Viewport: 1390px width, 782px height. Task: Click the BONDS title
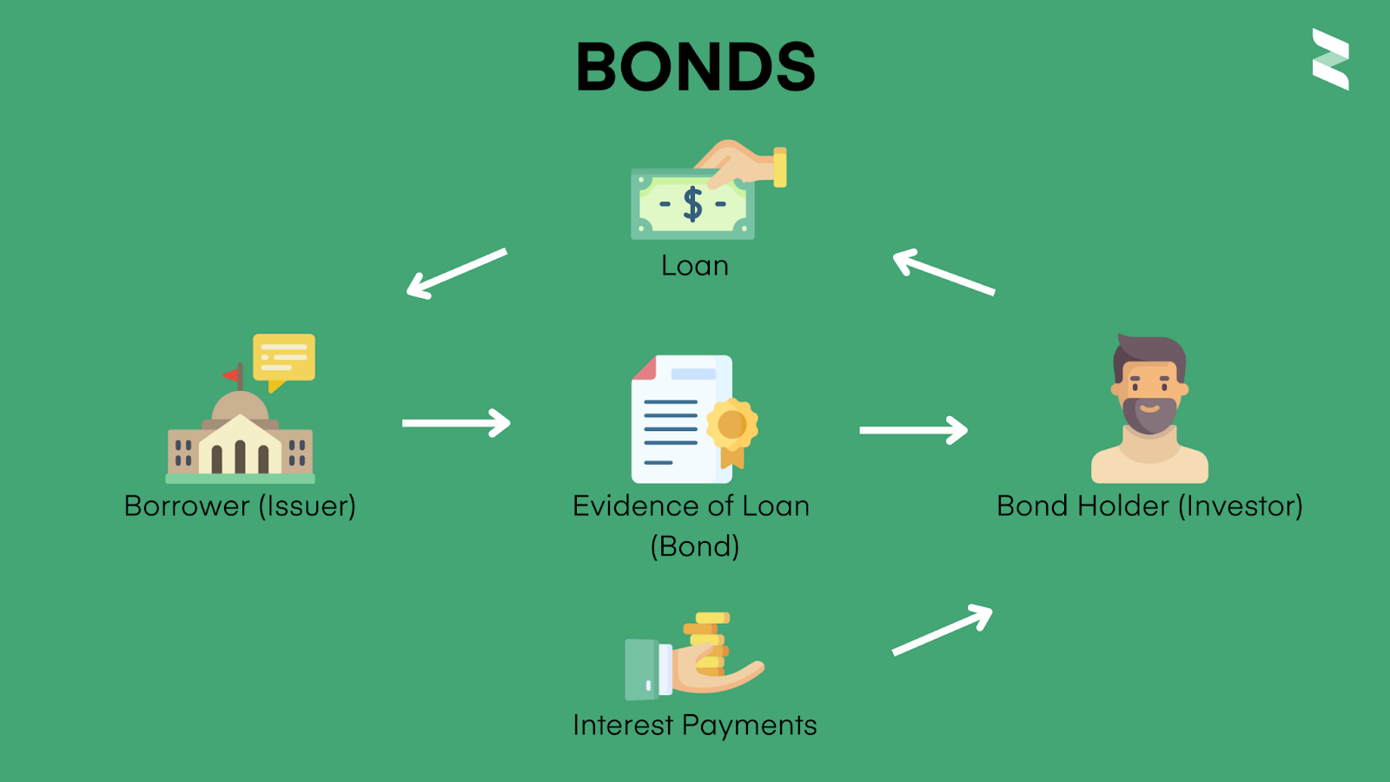[695, 67]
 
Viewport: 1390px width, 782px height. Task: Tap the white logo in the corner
[1330, 59]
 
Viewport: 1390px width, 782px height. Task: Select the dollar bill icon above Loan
[693, 204]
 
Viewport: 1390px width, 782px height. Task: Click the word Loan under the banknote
[694, 266]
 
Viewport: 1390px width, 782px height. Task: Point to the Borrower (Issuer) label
[240, 506]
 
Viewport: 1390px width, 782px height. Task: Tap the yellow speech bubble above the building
[283, 358]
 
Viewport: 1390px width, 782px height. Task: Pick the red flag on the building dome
[232, 375]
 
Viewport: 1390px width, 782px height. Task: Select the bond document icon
[683, 419]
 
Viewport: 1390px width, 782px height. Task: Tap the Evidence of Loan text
[691, 506]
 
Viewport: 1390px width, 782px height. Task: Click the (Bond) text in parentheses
[694, 547]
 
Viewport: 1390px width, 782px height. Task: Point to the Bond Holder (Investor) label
[1149, 506]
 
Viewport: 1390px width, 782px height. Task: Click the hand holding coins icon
[695, 656]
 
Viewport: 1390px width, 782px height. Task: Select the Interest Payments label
[694, 725]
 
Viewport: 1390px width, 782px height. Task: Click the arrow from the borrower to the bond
[456, 423]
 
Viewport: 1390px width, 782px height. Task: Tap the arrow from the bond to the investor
[913, 430]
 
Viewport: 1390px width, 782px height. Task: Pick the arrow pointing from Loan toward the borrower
[456, 274]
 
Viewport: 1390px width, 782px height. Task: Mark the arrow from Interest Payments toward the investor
[943, 630]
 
